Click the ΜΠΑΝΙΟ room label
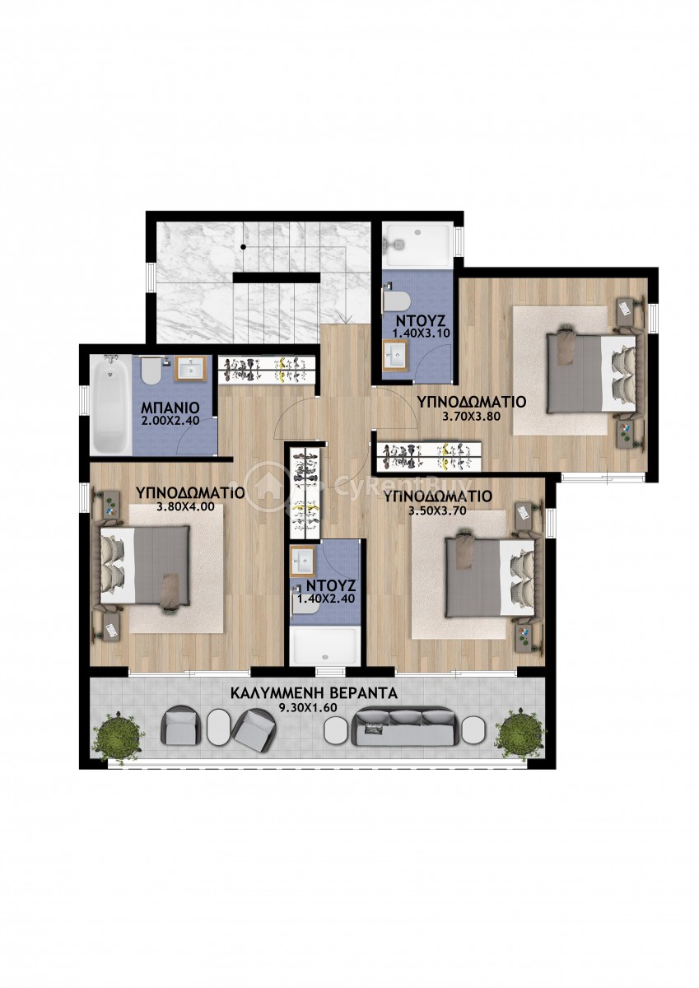pos(170,406)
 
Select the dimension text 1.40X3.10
pos(422,333)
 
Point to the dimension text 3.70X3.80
pos(471,416)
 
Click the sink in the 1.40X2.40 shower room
pos(302,561)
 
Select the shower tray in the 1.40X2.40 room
pos(324,646)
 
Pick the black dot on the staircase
pos(243,246)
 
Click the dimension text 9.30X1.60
pos(308,708)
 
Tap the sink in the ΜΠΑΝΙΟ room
pos(191,369)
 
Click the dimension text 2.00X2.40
pos(170,421)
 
